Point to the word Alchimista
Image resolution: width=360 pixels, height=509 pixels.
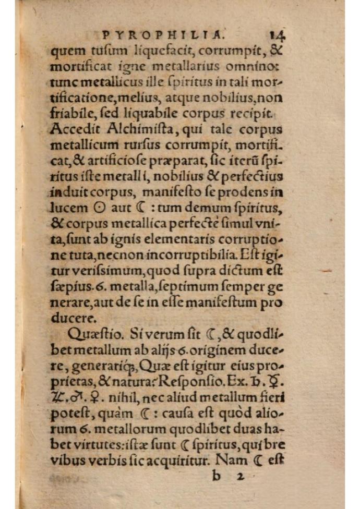pyautogui.click(x=129, y=130)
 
